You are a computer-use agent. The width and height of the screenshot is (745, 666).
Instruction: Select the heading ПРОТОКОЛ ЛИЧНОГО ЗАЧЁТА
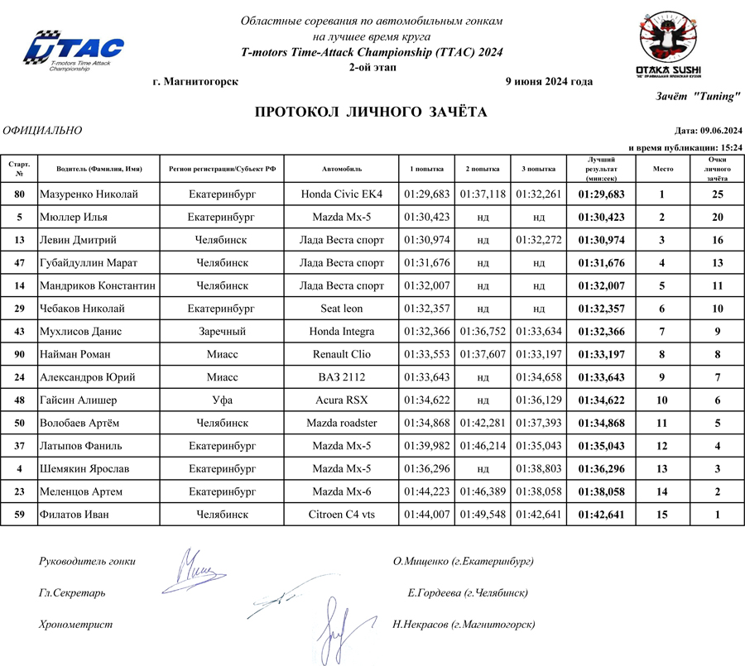pyautogui.click(x=370, y=113)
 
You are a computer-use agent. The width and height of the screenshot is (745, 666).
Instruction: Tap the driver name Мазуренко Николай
pyautogui.click(x=89, y=194)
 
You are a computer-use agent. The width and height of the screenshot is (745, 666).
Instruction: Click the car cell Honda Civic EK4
pyautogui.click(x=342, y=194)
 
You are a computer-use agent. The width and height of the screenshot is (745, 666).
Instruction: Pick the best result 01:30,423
pyautogui.click(x=601, y=218)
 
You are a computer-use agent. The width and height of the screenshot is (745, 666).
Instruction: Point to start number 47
pyautogui.click(x=19, y=263)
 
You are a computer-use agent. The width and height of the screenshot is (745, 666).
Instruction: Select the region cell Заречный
pyautogui.click(x=221, y=332)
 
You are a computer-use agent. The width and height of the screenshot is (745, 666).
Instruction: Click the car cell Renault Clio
pyautogui.click(x=342, y=354)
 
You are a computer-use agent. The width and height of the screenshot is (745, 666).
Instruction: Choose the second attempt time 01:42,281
pyautogui.click(x=483, y=423)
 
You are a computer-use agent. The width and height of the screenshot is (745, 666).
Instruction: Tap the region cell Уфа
pyautogui.click(x=221, y=400)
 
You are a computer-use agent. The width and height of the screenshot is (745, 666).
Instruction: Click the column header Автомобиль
pyautogui.click(x=342, y=169)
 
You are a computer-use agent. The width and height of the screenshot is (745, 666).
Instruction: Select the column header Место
pyautogui.click(x=663, y=169)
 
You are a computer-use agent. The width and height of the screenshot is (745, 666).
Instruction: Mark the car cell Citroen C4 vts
pyautogui.click(x=342, y=515)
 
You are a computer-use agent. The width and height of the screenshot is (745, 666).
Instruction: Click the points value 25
pyautogui.click(x=718, y=194)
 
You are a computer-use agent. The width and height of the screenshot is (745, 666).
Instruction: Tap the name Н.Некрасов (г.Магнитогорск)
pyautogui.click(x=464, y=625)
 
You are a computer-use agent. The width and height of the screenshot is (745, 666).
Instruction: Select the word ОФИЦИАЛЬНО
pyautogui.click(x=43, y=131)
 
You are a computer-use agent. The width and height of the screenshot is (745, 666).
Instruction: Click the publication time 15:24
pyautogui.click(x=730, y=146)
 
